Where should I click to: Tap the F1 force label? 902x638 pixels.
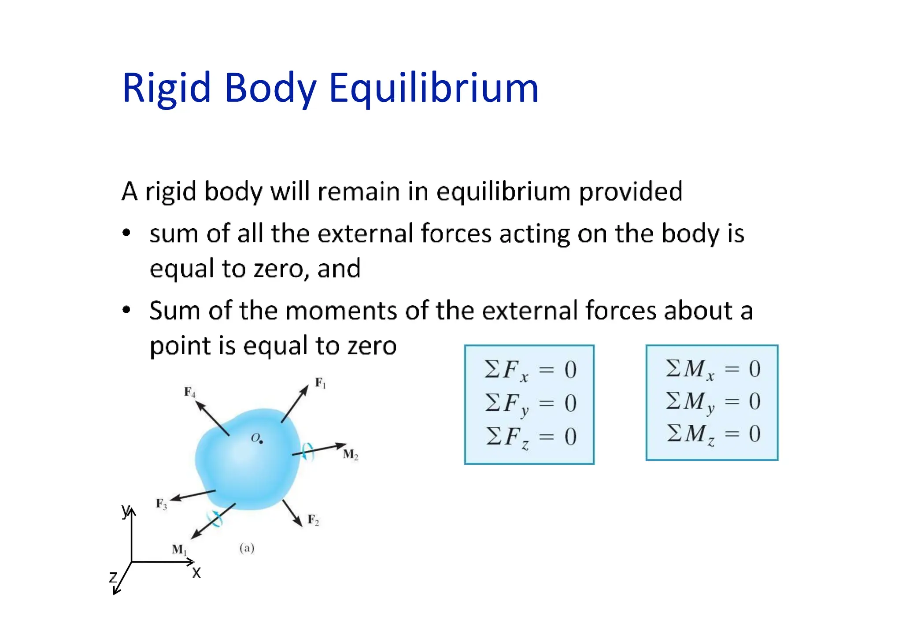tap(320, 383)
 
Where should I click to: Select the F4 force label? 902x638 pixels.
tap(189, 392)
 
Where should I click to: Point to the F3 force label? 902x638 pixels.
tap(162, 504)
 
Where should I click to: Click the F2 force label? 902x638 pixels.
tap(313, 520)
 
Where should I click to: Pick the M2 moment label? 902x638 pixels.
tap(351, 454)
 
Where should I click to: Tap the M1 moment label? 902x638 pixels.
tap(179, 549)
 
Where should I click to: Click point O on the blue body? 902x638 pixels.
tap(261, 441)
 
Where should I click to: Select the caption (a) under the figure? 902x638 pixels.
tap(247, 548)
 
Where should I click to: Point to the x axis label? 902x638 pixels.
tap(196, 573)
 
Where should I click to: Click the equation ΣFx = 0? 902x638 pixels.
tap(530, 370)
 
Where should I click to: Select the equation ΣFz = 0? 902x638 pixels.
tap(530, 437)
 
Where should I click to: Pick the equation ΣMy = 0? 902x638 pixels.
tap(712, 402)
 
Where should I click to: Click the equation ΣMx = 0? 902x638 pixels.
tap(712, 369)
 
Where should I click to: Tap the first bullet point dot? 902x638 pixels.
tap(127, 233)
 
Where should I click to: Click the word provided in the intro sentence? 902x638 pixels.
tap(630, 192)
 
